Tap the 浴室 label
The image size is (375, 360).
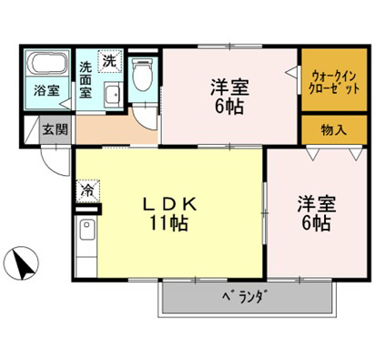point(46,91)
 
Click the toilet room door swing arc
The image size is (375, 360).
point(146,115)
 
